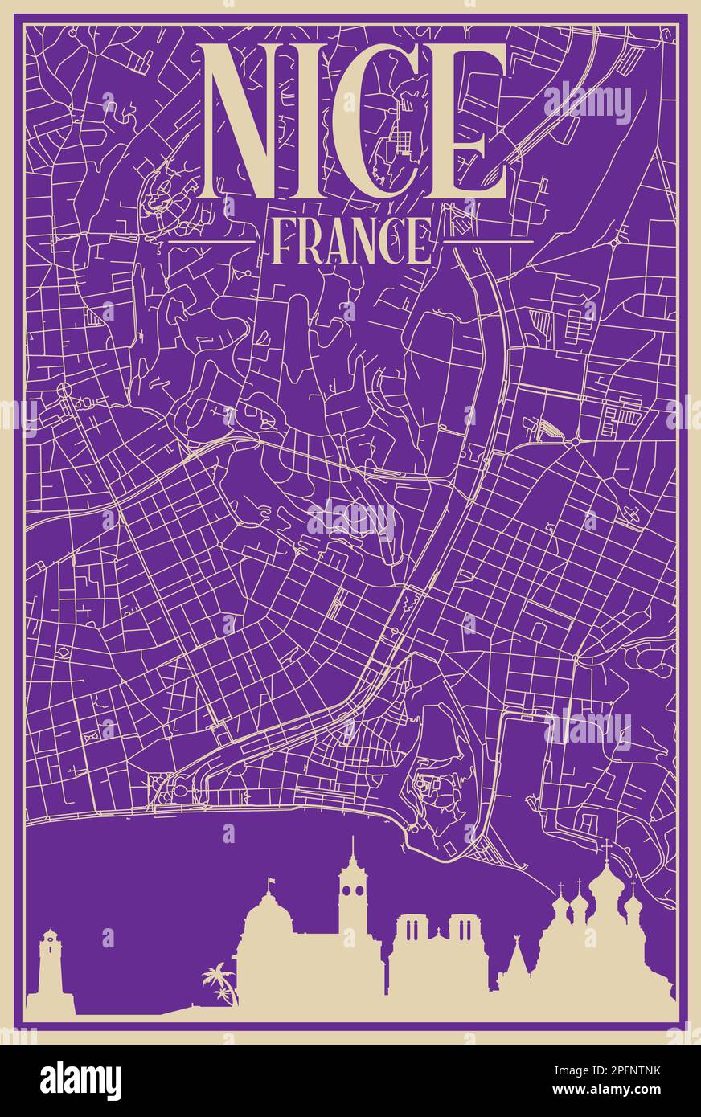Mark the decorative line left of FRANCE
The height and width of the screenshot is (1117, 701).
pyautogui.click(x=211, y=240)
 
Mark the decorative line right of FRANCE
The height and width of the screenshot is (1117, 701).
pyautogui.click(x=488, y=240)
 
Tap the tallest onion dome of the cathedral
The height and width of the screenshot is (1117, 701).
pyautogui.click(x=606, y=884)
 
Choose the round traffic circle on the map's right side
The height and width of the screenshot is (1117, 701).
pyautogui.click(x=576, y=441)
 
